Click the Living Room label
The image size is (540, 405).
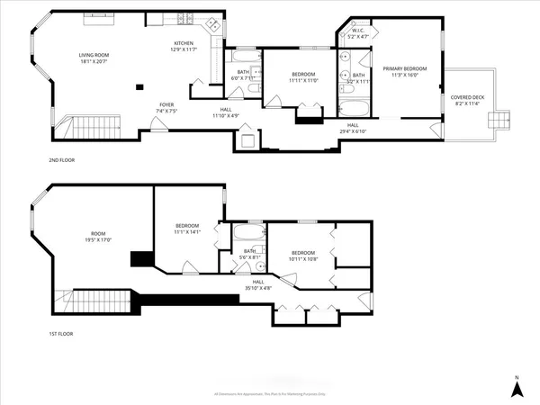94,59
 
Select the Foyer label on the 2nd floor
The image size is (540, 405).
166,108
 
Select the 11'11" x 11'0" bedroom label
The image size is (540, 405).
305,78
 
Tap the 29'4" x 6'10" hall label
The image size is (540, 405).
351,128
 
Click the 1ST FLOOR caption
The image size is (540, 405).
61,333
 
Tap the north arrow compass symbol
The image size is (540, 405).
517,388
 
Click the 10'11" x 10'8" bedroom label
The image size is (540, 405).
302,256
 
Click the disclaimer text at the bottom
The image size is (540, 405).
270,394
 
